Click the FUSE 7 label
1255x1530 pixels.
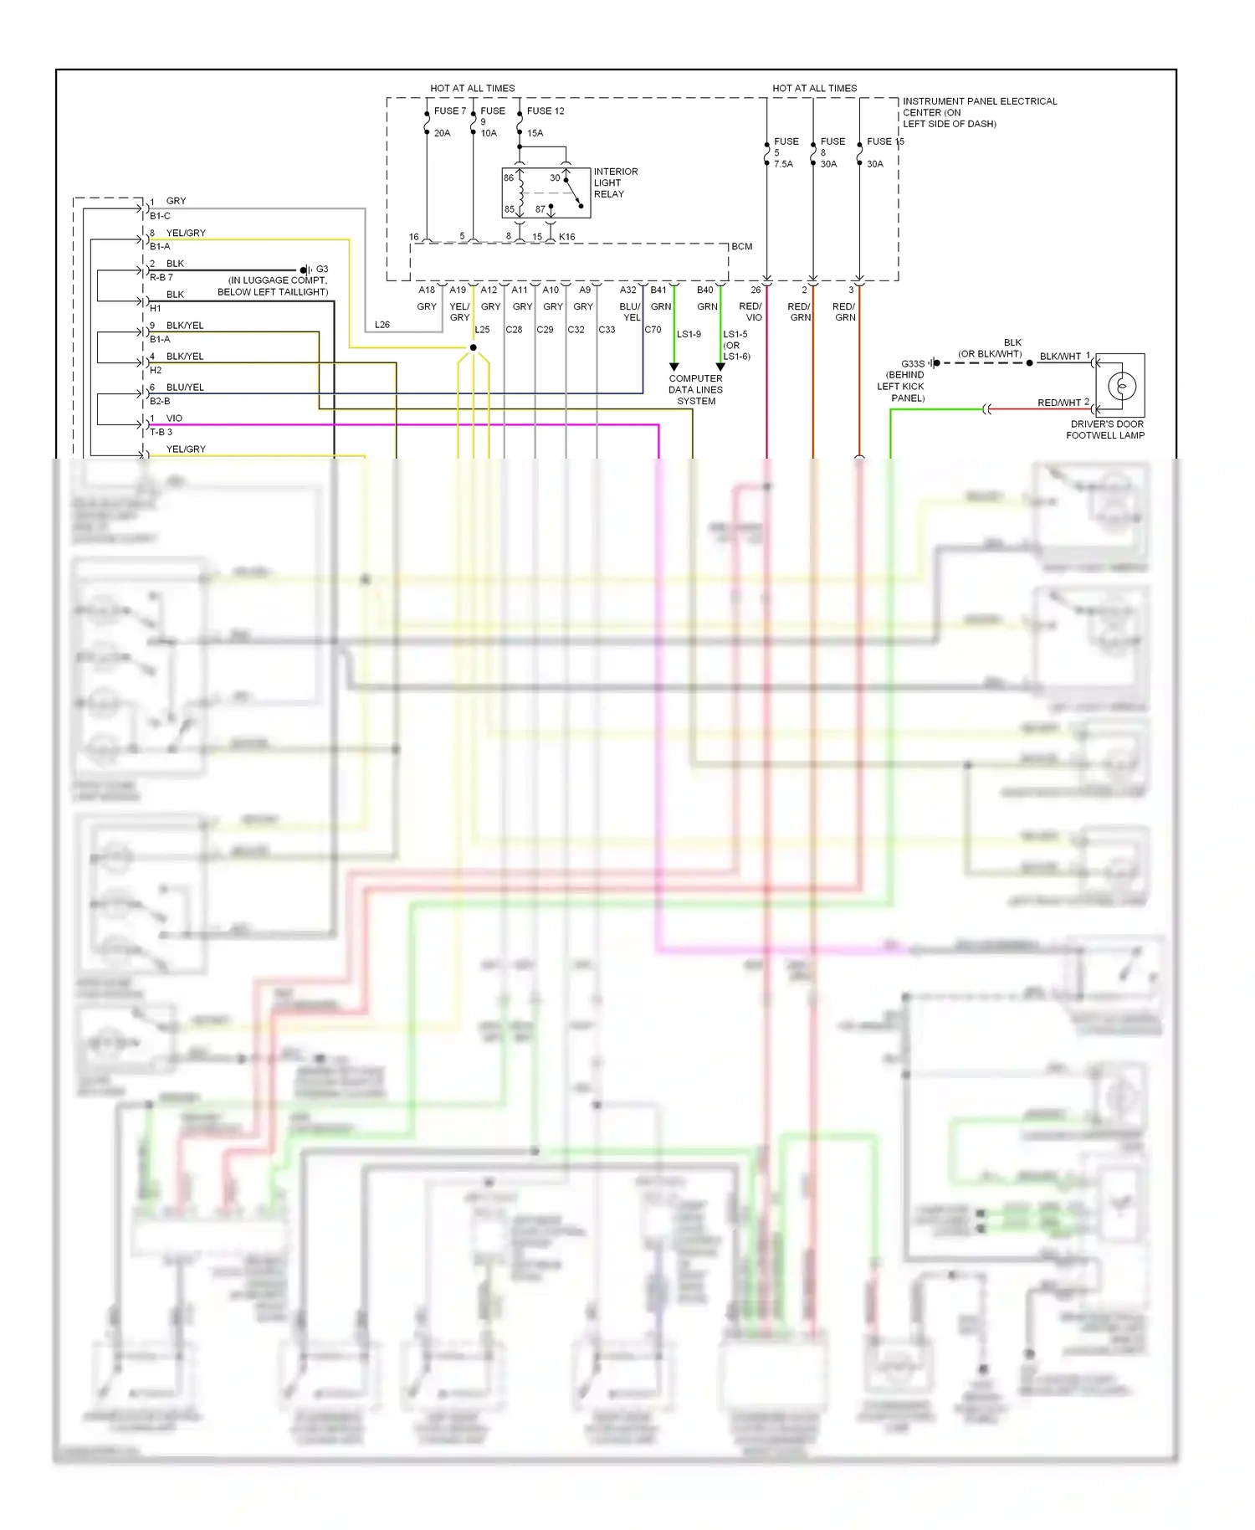click(449, 110)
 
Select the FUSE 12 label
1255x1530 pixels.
click(546, 110)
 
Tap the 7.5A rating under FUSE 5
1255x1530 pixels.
click(783, 164)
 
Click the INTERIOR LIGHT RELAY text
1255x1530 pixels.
click(615, 182)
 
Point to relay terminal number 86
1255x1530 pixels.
click(509, 177)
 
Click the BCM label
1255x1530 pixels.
click(741, 246)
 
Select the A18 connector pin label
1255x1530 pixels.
click(427, 290)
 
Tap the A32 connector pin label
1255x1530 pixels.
click(627, 290)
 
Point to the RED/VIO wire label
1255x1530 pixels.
click(750, 311)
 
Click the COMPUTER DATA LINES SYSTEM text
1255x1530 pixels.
click(695, 389)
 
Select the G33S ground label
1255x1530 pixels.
click(913, 364)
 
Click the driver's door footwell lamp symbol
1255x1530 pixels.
click(1120, 386)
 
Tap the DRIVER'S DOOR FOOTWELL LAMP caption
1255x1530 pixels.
click(1105, 429)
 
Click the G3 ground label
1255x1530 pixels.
click(322, 270)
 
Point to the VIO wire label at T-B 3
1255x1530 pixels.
click(174, 418)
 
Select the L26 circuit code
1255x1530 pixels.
click(382, 324)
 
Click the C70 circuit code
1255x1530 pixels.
click(653, 329)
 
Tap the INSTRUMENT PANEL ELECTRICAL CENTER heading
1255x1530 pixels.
click(979, 112)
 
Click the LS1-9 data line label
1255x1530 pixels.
click(689, 334)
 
